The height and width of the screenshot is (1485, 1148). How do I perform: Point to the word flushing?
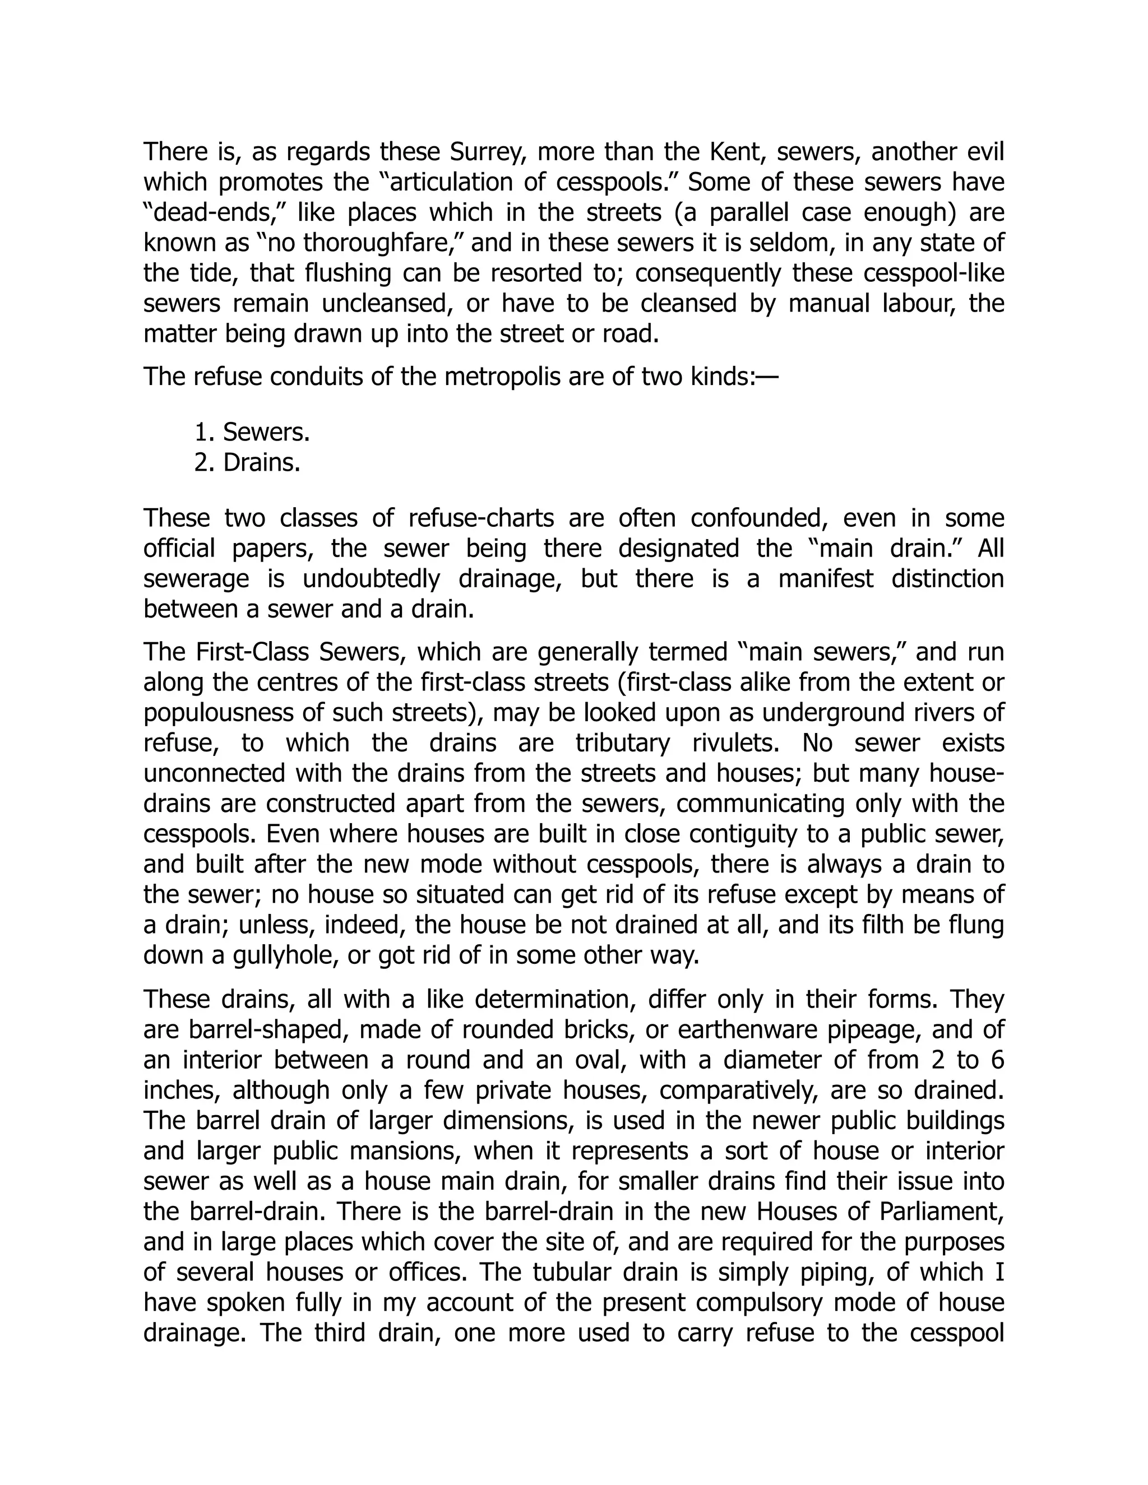coord(348,273)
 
